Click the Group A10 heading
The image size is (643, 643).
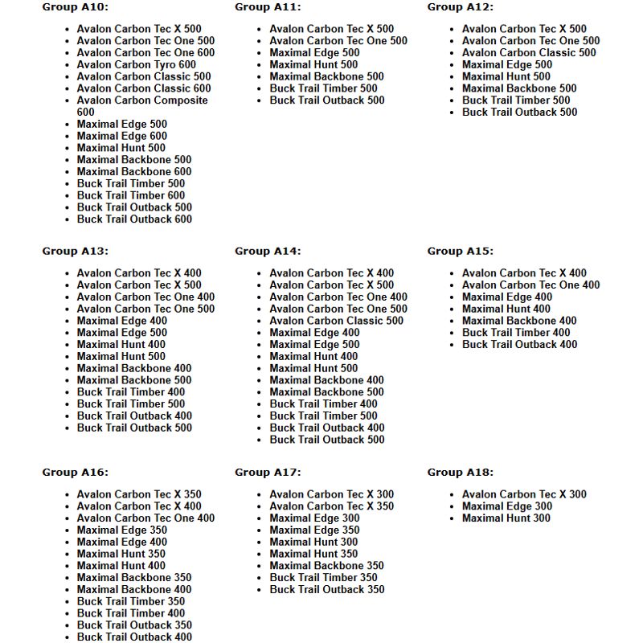(x=76, y=7)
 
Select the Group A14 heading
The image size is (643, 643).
(x=268, y=252)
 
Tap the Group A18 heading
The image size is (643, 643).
(x=461, y=473)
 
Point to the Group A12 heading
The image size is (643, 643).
(x=461, y=7)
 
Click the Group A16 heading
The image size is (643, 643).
(x=76, y=473)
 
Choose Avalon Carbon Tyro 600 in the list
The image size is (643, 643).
(x=136, y=65)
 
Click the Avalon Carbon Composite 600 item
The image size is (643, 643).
(x=141, y=100)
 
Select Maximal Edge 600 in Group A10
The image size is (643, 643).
(x=122, y=136)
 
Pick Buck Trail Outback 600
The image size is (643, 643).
(x=134, y=219)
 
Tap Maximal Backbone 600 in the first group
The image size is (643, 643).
(x=134, y=172)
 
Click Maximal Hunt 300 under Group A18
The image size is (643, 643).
(x=506, y=518)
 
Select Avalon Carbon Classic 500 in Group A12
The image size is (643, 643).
(x=529, y=53)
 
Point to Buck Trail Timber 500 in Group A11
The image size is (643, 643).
(x=323, y=88)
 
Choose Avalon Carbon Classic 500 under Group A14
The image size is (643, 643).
(x=336, y=321)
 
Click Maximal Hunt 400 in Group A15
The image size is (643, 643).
(x=506, y=309)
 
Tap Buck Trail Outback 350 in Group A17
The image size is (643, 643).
(x=327, y=589)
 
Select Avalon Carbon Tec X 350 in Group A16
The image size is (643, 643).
(x=139, y=494)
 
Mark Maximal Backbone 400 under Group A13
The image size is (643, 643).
(x=134, y=368)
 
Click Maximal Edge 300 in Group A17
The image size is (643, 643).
(x=314, y=518)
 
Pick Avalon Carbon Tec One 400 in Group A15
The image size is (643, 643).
(x=530, y=285)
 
